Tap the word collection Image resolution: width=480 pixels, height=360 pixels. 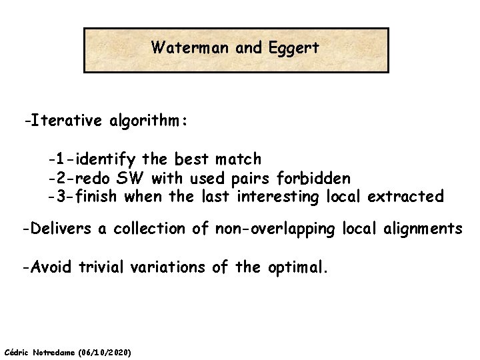pyautogui.click(x=153, y=229)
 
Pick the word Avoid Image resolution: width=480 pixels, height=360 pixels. pyautogui.click(x=51, y=267)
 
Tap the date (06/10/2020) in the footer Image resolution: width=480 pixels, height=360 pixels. pyautogui.click(x=105, y=351)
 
